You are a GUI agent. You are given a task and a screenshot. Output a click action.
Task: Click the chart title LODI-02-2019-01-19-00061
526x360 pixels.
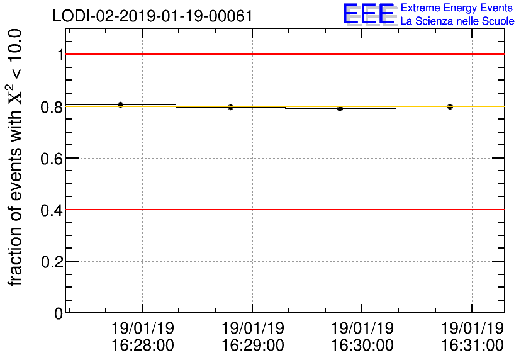point(153,16)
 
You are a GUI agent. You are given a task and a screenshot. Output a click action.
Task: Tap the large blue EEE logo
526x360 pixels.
point(369,14)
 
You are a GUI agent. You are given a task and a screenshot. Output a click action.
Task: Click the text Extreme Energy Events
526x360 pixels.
point(457,8)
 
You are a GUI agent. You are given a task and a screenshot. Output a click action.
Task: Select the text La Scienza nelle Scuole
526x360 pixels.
point(457,21)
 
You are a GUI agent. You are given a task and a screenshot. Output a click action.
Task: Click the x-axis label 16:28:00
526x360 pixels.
point(143,346)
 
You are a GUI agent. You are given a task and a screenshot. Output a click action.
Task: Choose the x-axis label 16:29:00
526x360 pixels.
point(252,346)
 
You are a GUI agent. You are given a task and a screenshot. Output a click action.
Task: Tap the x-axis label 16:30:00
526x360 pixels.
point(362,346)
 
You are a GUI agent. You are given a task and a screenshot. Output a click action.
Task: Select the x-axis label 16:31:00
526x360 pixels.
point(472,346)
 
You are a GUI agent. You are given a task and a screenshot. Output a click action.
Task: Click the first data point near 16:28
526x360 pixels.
point(120,104)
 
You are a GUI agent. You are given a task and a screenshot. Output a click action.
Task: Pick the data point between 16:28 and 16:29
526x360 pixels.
point(230,107)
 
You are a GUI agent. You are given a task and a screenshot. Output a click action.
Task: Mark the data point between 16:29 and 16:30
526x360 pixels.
point(340,108)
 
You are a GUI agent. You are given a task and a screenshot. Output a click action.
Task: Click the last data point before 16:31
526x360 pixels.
point(450,106)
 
